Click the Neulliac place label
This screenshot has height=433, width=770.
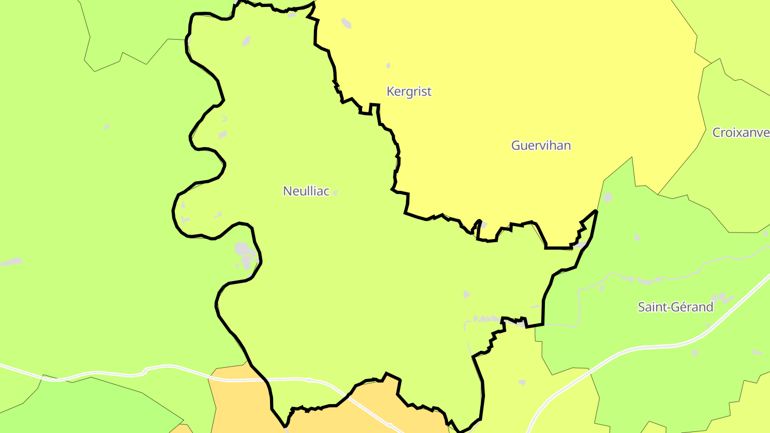click(306, 191)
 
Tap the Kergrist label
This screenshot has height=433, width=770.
click(409, 91)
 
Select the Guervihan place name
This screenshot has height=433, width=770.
click(541, 145)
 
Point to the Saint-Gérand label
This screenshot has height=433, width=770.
click(675, 307)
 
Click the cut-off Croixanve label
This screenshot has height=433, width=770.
click(741, 133)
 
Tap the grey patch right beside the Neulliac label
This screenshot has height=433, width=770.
click(335, 192)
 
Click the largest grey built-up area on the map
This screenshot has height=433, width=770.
click(243, 250)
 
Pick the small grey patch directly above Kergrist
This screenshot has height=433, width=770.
click(388, 66)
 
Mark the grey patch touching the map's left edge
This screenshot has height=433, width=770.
click(11, 262)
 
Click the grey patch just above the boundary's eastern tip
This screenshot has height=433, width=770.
click(607, 197)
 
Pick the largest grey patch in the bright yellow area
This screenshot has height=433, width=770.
click(346, 23)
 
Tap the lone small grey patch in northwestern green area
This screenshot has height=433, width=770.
click(107, 127)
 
